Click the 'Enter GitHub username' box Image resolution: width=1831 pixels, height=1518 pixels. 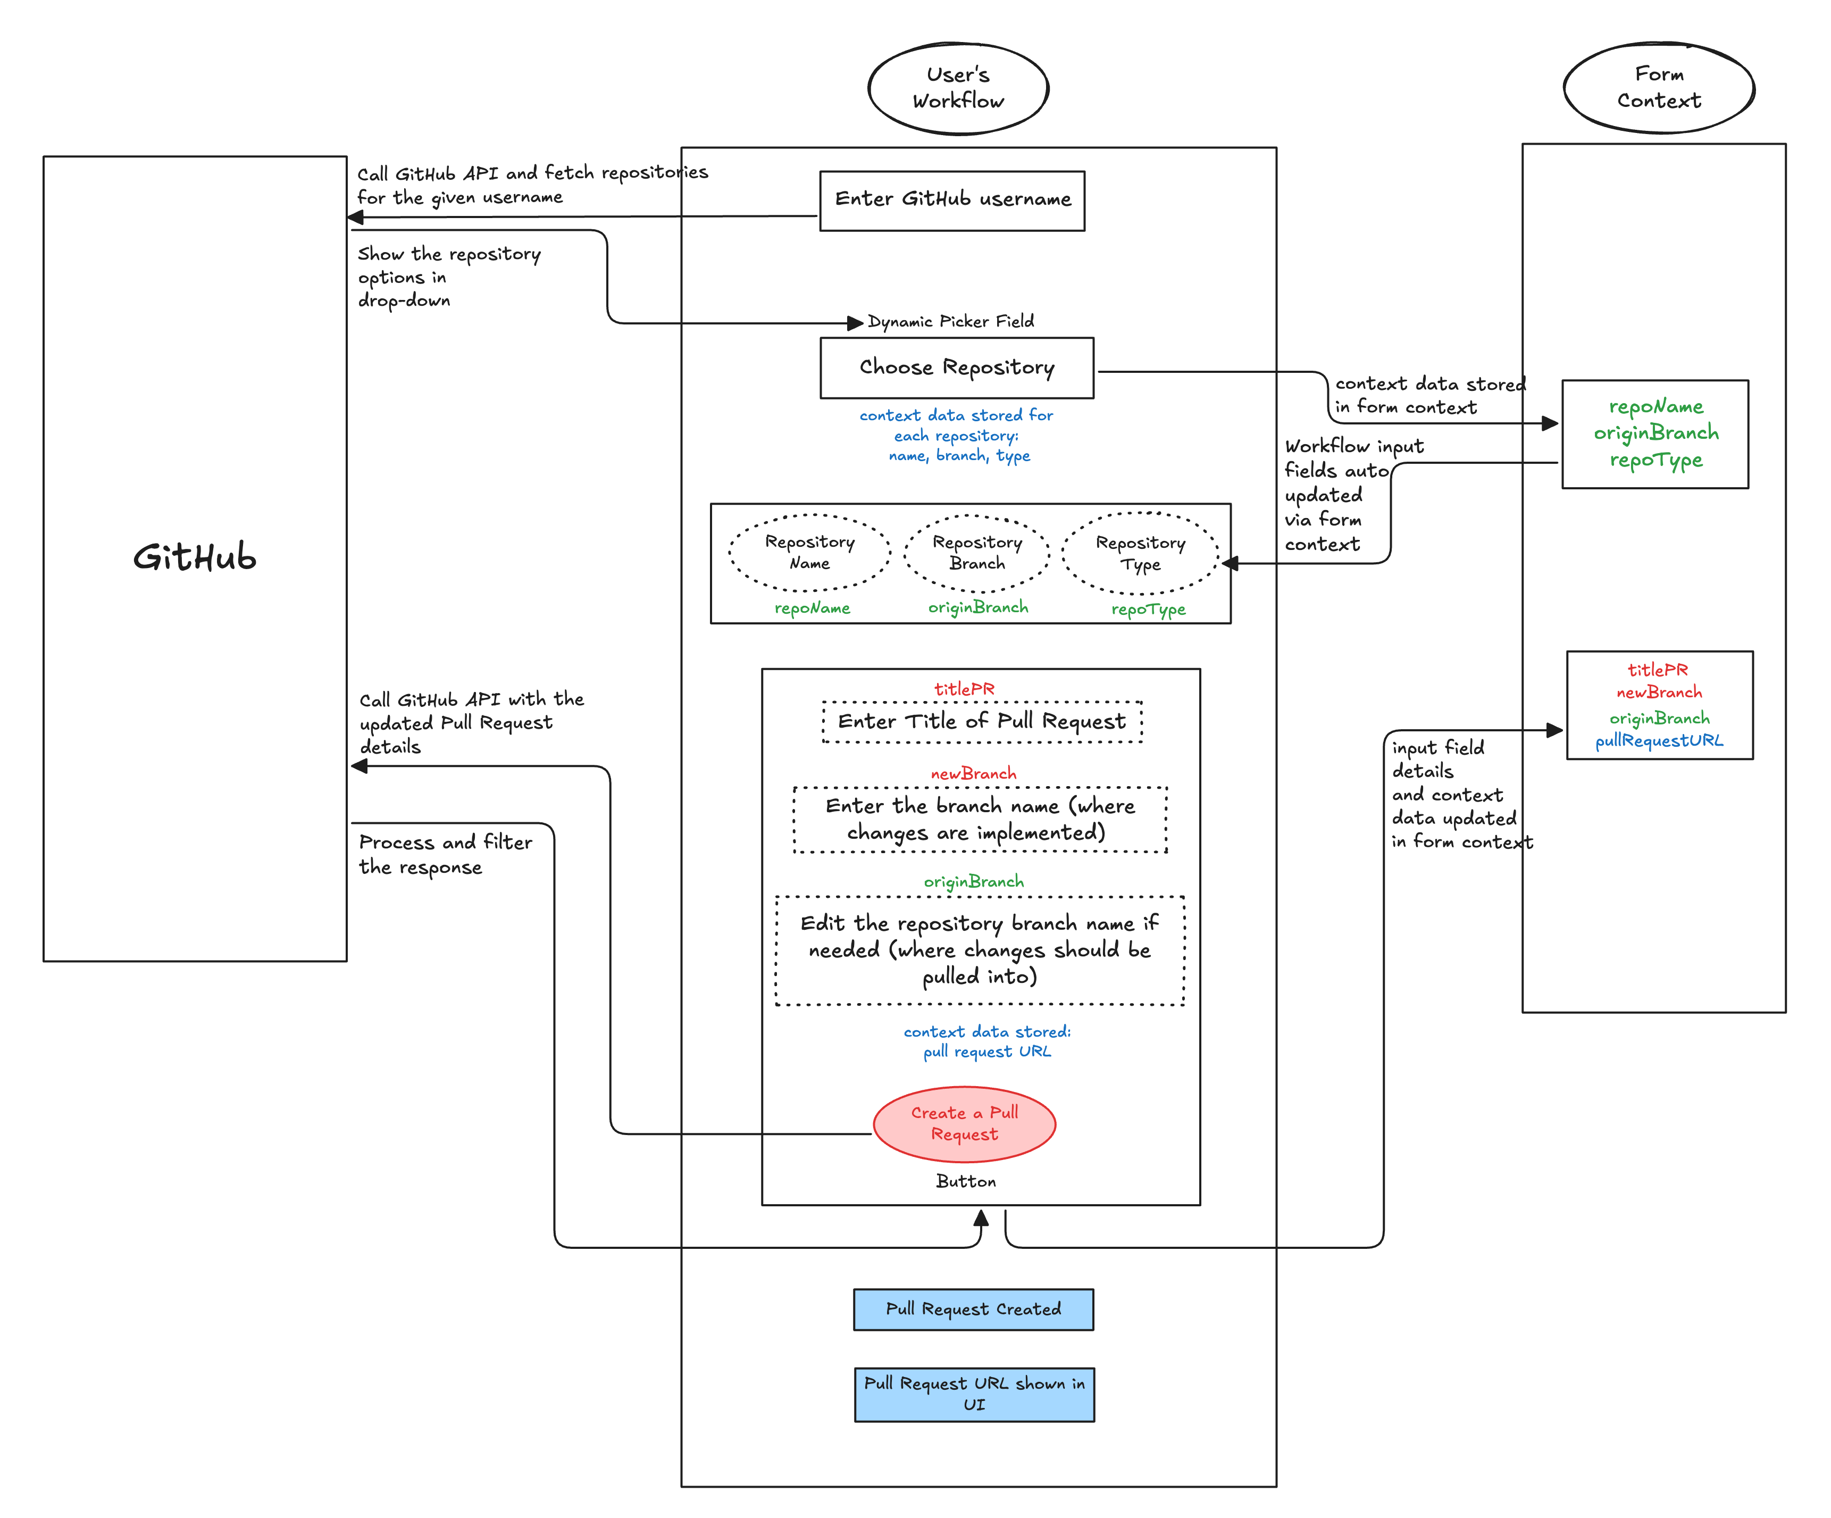[x=952, y=201]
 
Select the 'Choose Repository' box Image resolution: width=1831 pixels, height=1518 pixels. [x=957, y=368]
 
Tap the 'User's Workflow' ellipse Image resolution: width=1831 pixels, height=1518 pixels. [x=958, y=88]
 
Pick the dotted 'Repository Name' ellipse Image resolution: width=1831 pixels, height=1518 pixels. [x=810, y=553]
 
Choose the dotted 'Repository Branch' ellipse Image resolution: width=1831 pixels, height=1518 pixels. [x=976, y=553]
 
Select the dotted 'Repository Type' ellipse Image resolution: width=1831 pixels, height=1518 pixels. [x=1140, y=554]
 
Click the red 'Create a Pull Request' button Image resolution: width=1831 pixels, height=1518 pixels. [x=964, y=1124]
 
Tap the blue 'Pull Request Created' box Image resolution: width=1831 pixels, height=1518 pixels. [x=973, y=1309]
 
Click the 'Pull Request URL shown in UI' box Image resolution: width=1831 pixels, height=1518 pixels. [x=974, y=1394]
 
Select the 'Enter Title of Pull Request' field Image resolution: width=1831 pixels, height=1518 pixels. [x=982, y=722]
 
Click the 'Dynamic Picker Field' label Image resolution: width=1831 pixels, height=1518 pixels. [x=950, y=322]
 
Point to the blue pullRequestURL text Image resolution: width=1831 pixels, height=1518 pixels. [x=1659, y=741]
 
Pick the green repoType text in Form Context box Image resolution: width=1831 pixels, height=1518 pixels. [x=1656, y=461]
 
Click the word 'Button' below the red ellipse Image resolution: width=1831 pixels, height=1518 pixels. [x=965, y=1181]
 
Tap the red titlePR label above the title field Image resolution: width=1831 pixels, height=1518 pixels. [x=964, y=689]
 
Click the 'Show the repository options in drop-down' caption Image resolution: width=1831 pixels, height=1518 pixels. [x=448, y=277]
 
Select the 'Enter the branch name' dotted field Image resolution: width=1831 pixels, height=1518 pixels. [x=980, y=820]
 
